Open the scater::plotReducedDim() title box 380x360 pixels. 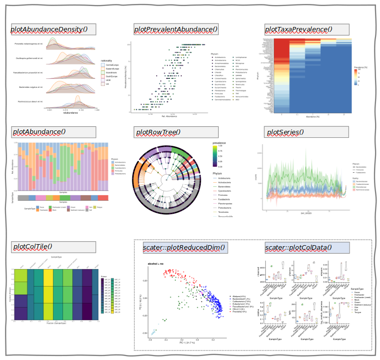[x=184, y=247]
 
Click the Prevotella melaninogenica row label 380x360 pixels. [x=29, y=44]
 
